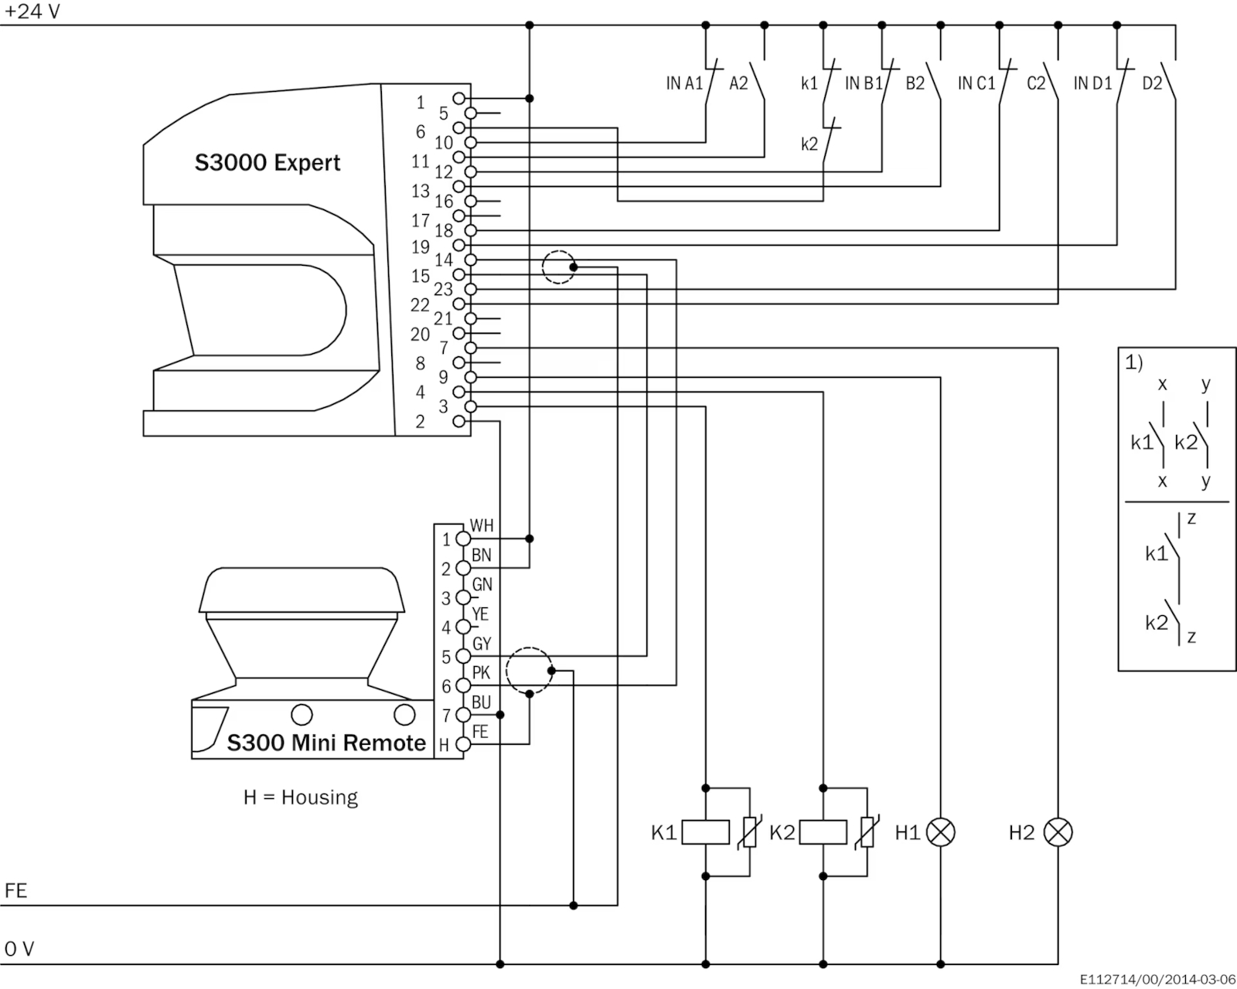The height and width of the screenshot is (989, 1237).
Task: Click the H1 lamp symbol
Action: point(940,832)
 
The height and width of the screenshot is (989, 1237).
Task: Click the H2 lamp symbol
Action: point(1058,832)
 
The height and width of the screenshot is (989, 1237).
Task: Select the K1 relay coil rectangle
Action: point(705,832)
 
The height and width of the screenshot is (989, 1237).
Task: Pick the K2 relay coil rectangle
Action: point(823,832)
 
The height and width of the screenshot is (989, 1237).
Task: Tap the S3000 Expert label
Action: point(268,163)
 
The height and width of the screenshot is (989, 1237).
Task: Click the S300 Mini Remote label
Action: point(326,743)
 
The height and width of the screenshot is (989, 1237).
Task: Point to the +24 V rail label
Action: point(32,12)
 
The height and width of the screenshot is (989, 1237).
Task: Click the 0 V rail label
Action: point(19,949)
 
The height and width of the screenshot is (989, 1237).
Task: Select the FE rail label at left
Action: point(15,891)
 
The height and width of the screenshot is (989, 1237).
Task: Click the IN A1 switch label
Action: point(684,84)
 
